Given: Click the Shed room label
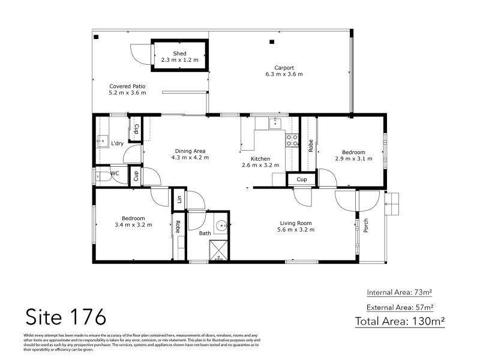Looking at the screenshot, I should [x=179, y=54].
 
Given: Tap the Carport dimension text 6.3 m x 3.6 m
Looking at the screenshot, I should [x=284, y=74].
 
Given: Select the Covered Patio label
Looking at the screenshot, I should [x=127, y=86].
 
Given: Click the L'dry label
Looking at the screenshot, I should [x=118, y=143].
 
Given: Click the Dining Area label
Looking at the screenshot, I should [x=190, y=151].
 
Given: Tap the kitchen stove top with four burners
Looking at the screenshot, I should [x=292, y=140].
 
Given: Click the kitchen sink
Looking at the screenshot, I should [x=275, y=123].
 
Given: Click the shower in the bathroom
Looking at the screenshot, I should [x=219, y=249].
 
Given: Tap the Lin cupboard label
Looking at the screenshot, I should [x=179, y=199].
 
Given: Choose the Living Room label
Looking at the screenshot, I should [x=294, y=223].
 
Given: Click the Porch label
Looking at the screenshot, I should [x=365, y=226].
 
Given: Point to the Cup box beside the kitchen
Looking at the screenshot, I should [x=302, y=179].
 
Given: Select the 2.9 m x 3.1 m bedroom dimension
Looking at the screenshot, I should [x=353, y=159].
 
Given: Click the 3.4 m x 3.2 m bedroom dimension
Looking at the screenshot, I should [x=133, y=225].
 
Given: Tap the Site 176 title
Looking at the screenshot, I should [x=65, y=316].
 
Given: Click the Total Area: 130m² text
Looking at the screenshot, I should [x=400, y=321].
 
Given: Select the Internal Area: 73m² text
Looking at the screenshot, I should [x=400, y=292].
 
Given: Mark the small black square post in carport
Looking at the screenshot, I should [x=272, y=42].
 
